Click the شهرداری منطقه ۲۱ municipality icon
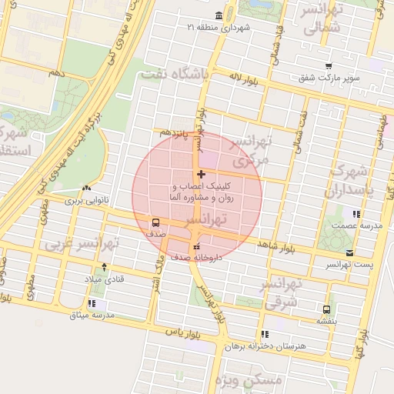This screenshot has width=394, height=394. click(220, 16)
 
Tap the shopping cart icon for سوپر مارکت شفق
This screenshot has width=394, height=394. click(329, 66)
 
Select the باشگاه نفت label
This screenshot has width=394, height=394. click(175, 75)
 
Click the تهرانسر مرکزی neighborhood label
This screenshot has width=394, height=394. click(252, 151)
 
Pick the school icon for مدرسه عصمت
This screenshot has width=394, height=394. click(355, 215)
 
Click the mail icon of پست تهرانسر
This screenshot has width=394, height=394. click(351, 252)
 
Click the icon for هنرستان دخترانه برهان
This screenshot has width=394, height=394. click(265, 334)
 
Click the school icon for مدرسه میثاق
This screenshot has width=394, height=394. click(92, 303)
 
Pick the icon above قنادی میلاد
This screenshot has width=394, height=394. click(104, 266)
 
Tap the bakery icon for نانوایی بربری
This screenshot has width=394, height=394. click(86, 188)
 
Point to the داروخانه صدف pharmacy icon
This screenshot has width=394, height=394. click(195, 246)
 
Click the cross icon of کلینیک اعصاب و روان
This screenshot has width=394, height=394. click(201, 175)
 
